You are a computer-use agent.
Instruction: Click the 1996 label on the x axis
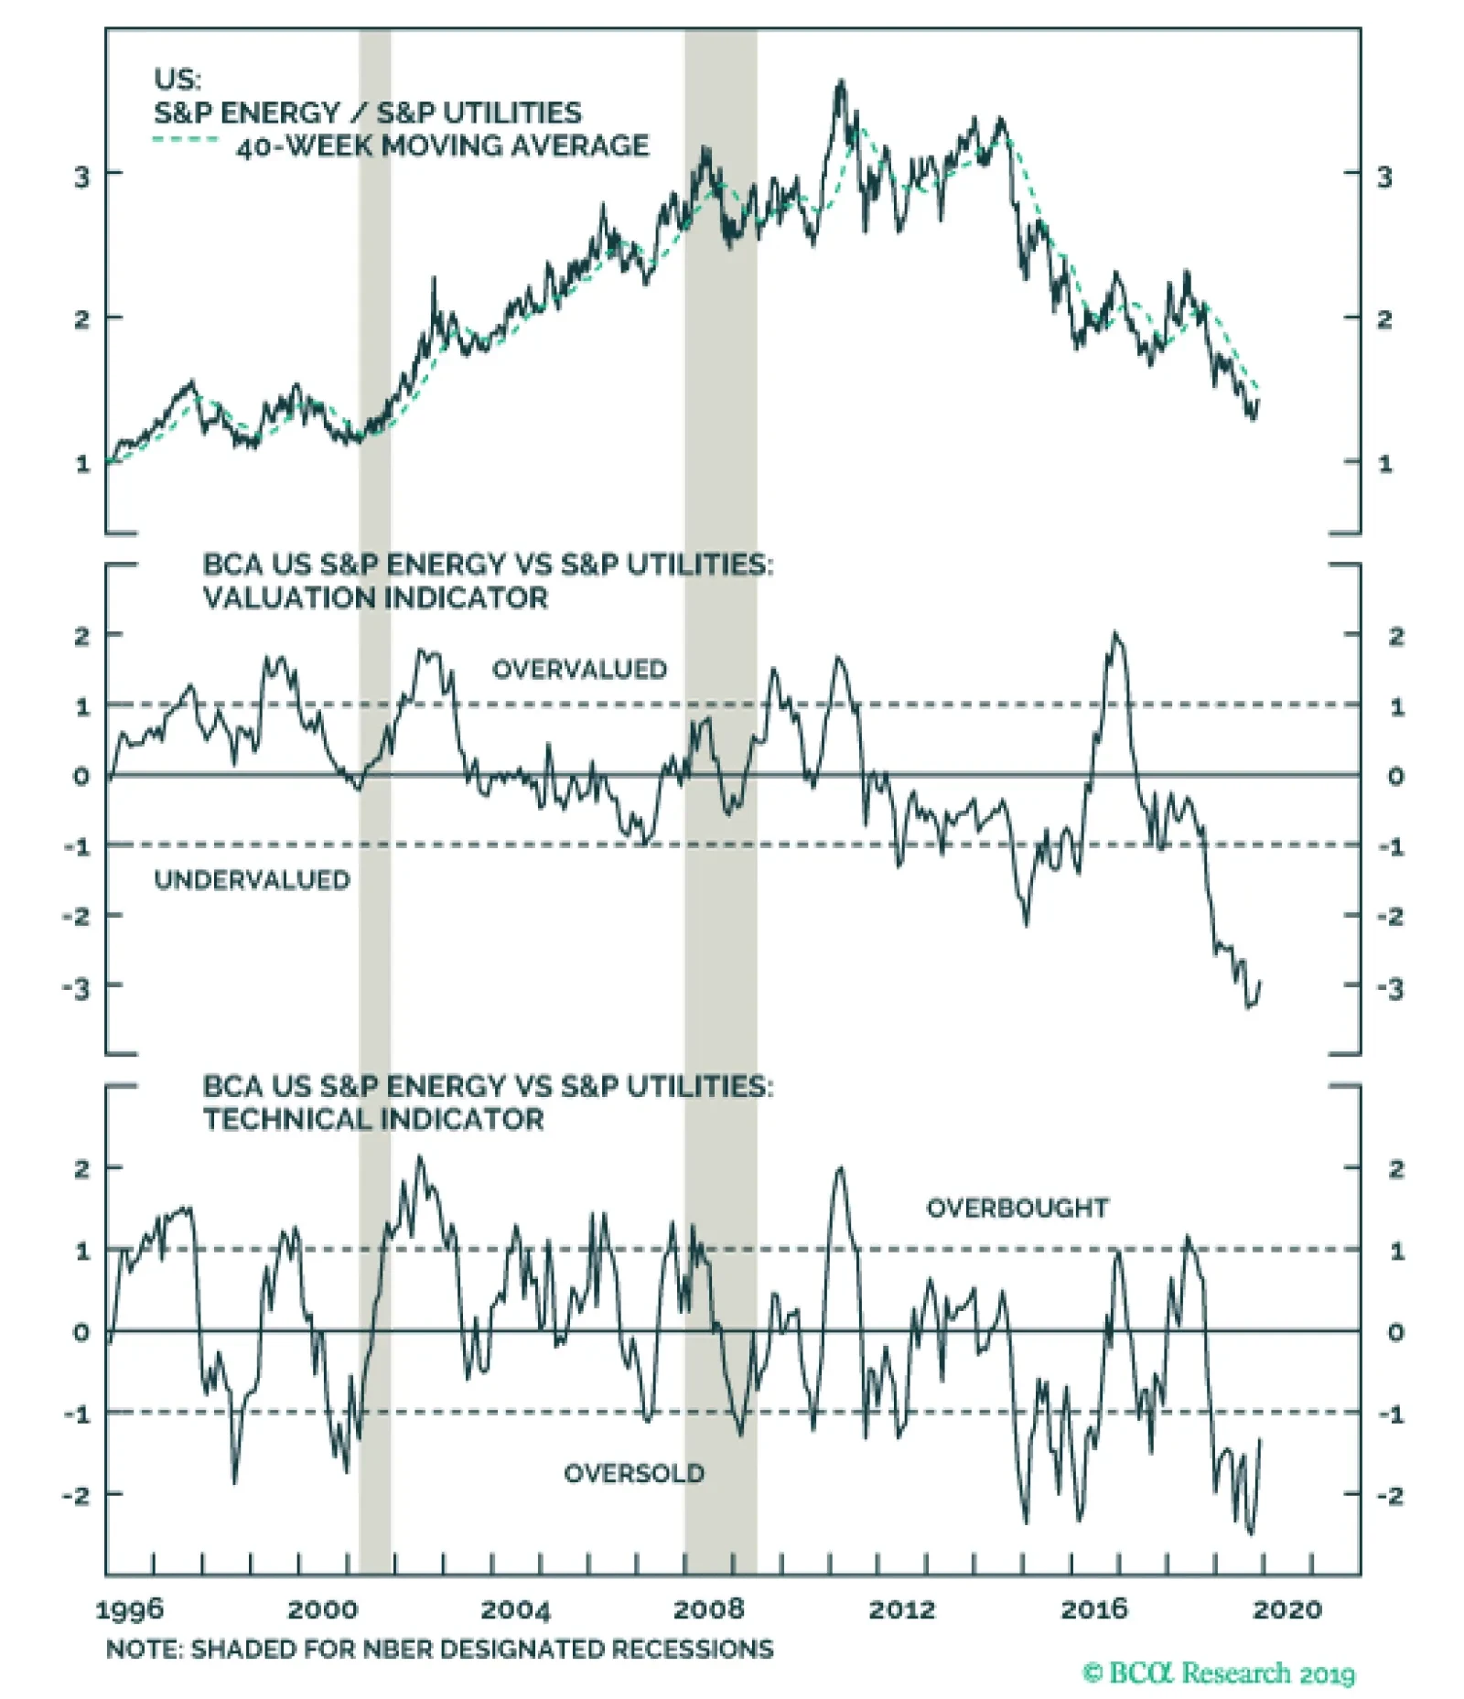click(x=129, y=1609)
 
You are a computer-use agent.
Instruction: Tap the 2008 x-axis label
click(x=709, y=1609)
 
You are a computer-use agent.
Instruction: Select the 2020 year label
click(x=1287, y=1609)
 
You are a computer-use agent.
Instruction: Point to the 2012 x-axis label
click(x=902, y=1609)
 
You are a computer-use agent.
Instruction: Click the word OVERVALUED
click(x=579, y=670)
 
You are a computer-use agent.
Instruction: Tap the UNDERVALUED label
click(x=252, y=880)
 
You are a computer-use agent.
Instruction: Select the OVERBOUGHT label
click(x=1017, y=1209)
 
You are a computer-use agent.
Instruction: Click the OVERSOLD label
click(x=634, y=1474)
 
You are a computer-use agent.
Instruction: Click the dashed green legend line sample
click(x=185, y=140)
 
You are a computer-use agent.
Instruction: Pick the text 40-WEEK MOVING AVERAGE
click(x=442, y=145)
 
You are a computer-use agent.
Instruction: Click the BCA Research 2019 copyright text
click(x=1219, y=1673)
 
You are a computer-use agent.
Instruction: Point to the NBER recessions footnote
click(x=439, y=1650)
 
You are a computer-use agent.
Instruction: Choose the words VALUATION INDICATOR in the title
click(x=375, y=598)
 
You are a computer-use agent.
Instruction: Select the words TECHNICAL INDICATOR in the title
click(x=373, y=1119)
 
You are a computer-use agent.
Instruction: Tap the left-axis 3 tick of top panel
click(x=82, y=177)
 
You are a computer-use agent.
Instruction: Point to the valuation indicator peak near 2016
click(x=1114, y=633)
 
